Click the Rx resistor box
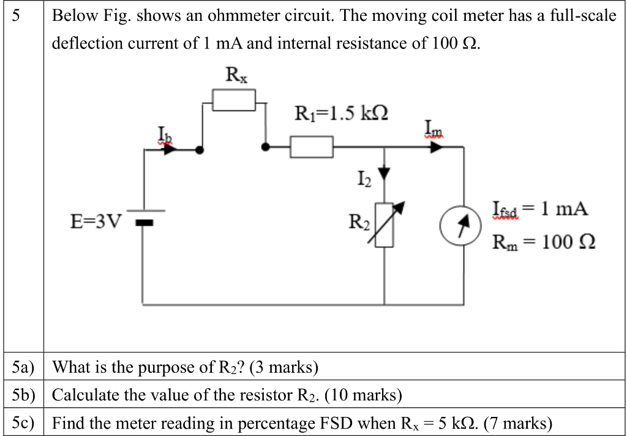pos(234,100)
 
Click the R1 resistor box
pos(312,148)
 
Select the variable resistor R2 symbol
pos(385,224)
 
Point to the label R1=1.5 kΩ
pos(341,113)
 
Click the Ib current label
pos(165,132)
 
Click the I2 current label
pos(363,179)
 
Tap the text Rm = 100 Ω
pos(544,242)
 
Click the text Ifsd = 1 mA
pos(540,210)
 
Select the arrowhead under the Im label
pos(435,148)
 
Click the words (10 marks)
pos(363,395)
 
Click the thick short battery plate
pos(144,223)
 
